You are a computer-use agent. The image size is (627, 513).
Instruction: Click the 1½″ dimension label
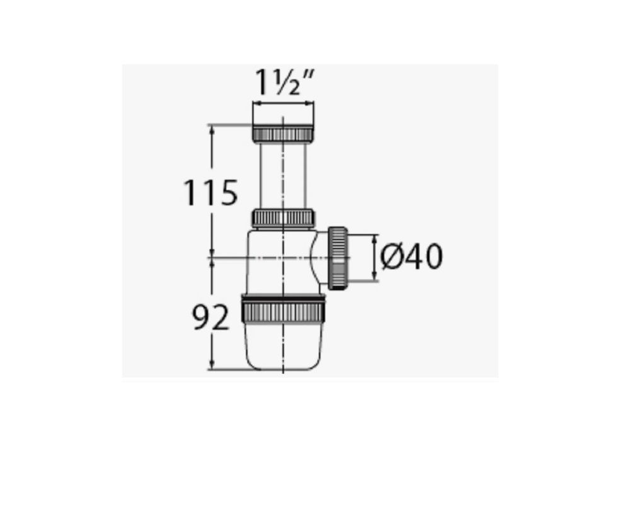pyautogui.click(x=284, y=83)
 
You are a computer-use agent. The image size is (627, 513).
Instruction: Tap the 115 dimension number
pyautogui.click(x=210, y=193)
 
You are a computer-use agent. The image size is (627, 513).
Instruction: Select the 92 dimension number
pyautogui.click(x=211, y=317)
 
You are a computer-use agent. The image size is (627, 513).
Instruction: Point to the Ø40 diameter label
pyautogui.click(x=411, y=256)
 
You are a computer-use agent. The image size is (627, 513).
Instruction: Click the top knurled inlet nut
pyautogui.click(x=283, y=133)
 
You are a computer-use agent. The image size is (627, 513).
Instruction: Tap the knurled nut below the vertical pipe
pyautogui.click(x=283, y=218)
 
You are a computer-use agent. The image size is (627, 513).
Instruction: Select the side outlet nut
pyautogui.click(x=338, y=258)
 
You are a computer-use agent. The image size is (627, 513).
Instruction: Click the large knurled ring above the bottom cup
pyautogui.click(x=284, y=309)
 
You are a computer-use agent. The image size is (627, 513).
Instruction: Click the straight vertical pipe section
pyautogui.click(x=283, y=175)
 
